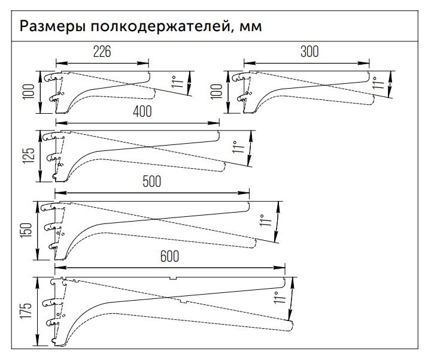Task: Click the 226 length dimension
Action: [x=102, y=52]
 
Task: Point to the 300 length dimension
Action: [x=309, y=52]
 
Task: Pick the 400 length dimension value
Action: [x=141, y=111]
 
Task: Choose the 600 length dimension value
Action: [x=170, y=256]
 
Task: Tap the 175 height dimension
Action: [x=25, y=310]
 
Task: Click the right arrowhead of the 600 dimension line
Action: [x=282, y=268]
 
